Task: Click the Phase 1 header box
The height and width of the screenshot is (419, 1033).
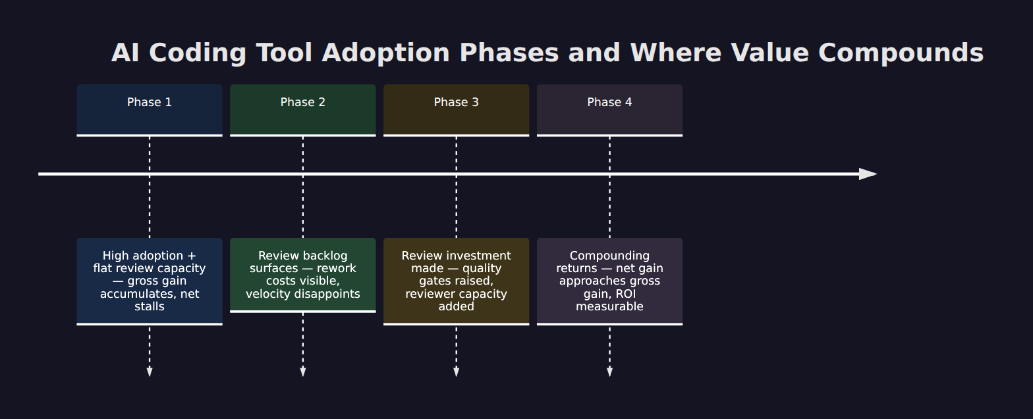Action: pyautogui.click(x=150, y=110)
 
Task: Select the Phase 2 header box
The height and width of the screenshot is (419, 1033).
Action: pyautogui.click(x=303, y=110)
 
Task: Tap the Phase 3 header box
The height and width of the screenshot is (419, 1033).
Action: pyautogui.click(x=456, y=110)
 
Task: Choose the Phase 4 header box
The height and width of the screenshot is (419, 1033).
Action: pyautogui.click(x=609, y=110)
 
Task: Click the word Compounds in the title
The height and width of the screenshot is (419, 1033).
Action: pyautogui.click(x=901, y=53)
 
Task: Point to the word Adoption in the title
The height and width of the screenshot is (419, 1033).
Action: pyautogui.click(x=385, y=53)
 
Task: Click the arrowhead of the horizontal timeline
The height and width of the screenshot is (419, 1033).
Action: pyautogui.click(x=868, y=174)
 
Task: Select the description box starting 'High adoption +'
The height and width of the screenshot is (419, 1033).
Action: pyautogui.click(x=150, y=281)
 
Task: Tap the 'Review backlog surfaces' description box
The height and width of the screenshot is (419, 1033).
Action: pyautogui.click(x=303, y=275)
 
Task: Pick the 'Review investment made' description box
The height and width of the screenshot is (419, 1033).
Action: pyautogui.click(x=456, y=281)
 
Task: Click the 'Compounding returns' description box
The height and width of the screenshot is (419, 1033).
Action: pyautogui.click(x=609, y=281)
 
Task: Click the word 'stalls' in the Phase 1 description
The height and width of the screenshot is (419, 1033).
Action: pyautogui.click(x=150, y=306)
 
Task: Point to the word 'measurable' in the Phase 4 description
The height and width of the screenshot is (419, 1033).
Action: pyautogui.click(x=609, y=306)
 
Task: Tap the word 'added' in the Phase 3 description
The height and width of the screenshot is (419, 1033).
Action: pyautogui.click(x=456, y=306)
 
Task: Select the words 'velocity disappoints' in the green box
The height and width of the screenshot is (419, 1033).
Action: pyautogui.click(x=303, y=294)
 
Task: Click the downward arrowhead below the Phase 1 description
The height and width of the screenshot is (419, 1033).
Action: pyautogui.click(x=150, y=372)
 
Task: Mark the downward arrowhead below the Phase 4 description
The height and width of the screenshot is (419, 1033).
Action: pyautogui.click(x=609, y=372)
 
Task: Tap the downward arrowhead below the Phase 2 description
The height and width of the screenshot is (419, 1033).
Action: pyautogui.click(x=303, y=372)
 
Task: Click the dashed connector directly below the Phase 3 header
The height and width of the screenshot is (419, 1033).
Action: pyautogui.click(x=456, y=188)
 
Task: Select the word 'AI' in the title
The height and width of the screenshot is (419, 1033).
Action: pyautogui.click(x=125, y=53)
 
